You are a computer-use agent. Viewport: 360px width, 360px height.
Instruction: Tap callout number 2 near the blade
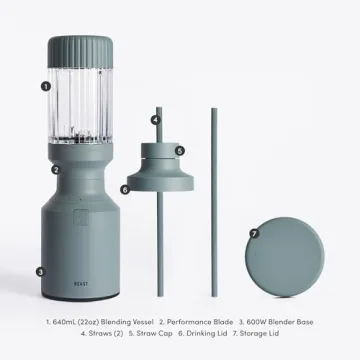pos(57,170)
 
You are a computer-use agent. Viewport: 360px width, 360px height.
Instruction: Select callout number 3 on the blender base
pos(40,271)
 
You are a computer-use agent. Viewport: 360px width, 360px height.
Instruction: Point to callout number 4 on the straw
pos(156,120)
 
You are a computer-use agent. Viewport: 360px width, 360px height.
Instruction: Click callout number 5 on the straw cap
pos(179,151)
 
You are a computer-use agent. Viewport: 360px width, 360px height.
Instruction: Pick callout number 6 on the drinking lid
pos(126,188)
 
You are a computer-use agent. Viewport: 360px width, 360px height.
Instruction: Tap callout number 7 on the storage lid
pos(254,233)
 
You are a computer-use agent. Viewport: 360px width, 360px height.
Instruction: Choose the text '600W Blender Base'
pos(280,323)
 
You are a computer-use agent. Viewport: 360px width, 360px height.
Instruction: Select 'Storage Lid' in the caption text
pos(280,338)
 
